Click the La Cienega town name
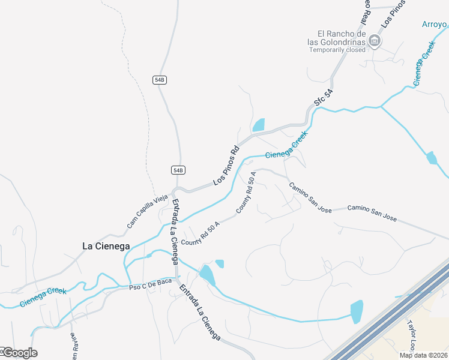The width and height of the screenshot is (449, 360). [105, 245]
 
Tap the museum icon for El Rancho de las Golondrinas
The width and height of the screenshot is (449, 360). [375, 41]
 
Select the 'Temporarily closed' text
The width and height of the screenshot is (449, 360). [337, 50]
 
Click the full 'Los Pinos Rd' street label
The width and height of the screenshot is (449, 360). [226, 166]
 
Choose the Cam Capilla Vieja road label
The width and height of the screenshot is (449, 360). [147, 212]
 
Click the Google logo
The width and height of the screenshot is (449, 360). [19, 353]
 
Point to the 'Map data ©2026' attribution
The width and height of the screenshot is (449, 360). [423, 355]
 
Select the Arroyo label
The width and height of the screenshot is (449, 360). [435, 25]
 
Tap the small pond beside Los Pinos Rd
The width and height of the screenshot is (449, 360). [259, 125]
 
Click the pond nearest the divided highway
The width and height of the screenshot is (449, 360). [357, 311]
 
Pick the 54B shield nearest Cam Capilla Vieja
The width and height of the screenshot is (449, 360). [177, 170]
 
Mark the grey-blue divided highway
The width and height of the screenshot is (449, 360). [390, 312]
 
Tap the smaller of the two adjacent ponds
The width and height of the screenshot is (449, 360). [220, 263]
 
